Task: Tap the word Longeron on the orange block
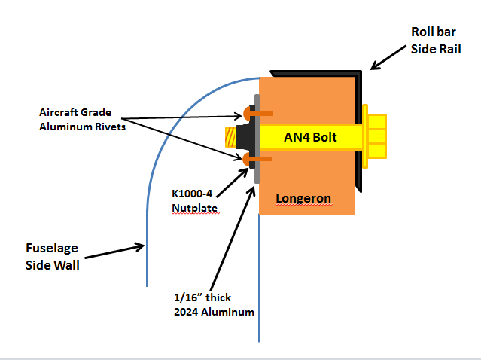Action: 303,199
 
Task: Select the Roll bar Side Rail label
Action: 436,41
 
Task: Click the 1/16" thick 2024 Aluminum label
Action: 209,302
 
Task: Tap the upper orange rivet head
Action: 250,114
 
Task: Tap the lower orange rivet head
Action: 250,159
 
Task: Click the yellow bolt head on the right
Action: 375,137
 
